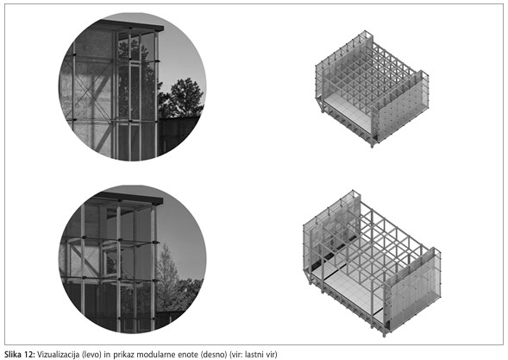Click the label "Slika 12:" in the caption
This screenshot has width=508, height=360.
(x=19, y=354)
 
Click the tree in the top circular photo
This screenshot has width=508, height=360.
(x=182, y=98)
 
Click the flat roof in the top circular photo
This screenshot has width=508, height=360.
(x=131, y=26)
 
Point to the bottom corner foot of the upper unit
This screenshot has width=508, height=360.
(x=372, y=145)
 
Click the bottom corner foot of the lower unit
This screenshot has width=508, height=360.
(x=385, y=334)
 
